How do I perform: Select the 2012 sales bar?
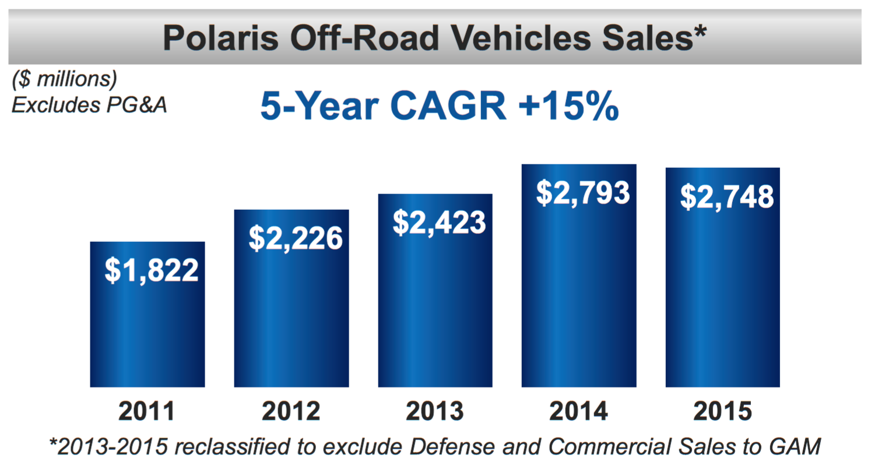[291, 315]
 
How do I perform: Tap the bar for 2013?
[435, 309]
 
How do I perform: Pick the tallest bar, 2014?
[579, 291]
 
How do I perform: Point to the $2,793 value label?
[583, 192]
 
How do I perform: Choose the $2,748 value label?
[727, 196]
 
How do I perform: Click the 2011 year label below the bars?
[147, 411]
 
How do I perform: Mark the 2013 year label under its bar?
[435, 411]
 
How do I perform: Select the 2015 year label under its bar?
[723, 411]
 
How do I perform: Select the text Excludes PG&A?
[90, 105]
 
